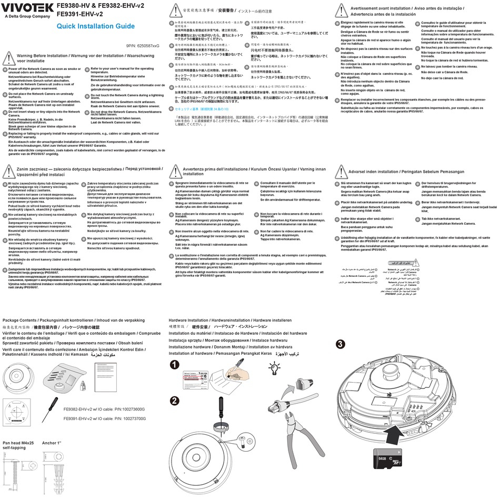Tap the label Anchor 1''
(53, 443)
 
